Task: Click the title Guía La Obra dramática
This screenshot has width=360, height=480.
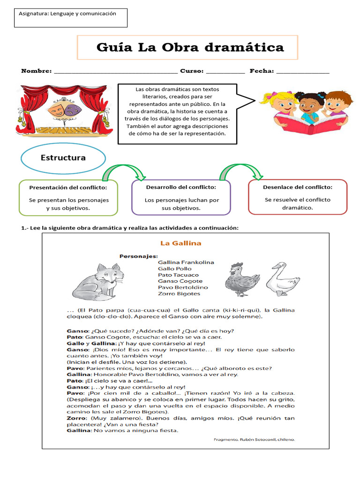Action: tap(190, 47)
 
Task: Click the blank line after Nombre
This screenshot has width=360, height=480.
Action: tap(116, 73)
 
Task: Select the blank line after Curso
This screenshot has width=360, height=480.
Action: tap(225, 73)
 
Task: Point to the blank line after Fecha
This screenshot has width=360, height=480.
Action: tap(302, 73)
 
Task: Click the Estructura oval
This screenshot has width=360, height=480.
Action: tap(63, 158)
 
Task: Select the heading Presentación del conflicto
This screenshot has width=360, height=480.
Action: tap(68, 187)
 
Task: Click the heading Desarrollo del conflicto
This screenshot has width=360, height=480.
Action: tap(181, 187)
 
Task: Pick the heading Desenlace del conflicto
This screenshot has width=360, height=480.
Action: tap(298, 187)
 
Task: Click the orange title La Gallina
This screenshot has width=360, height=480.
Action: tap(180, 243)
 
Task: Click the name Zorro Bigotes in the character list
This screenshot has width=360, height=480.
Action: tap(179, 293)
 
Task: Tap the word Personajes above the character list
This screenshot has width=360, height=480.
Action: tap(138, 256)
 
